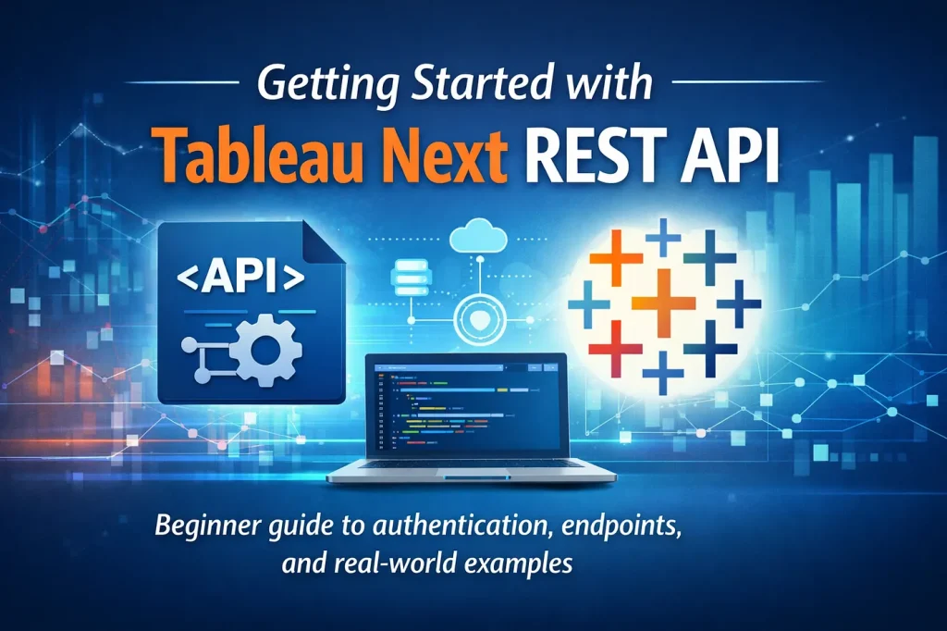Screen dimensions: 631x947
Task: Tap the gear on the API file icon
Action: [x=269, y=351]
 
